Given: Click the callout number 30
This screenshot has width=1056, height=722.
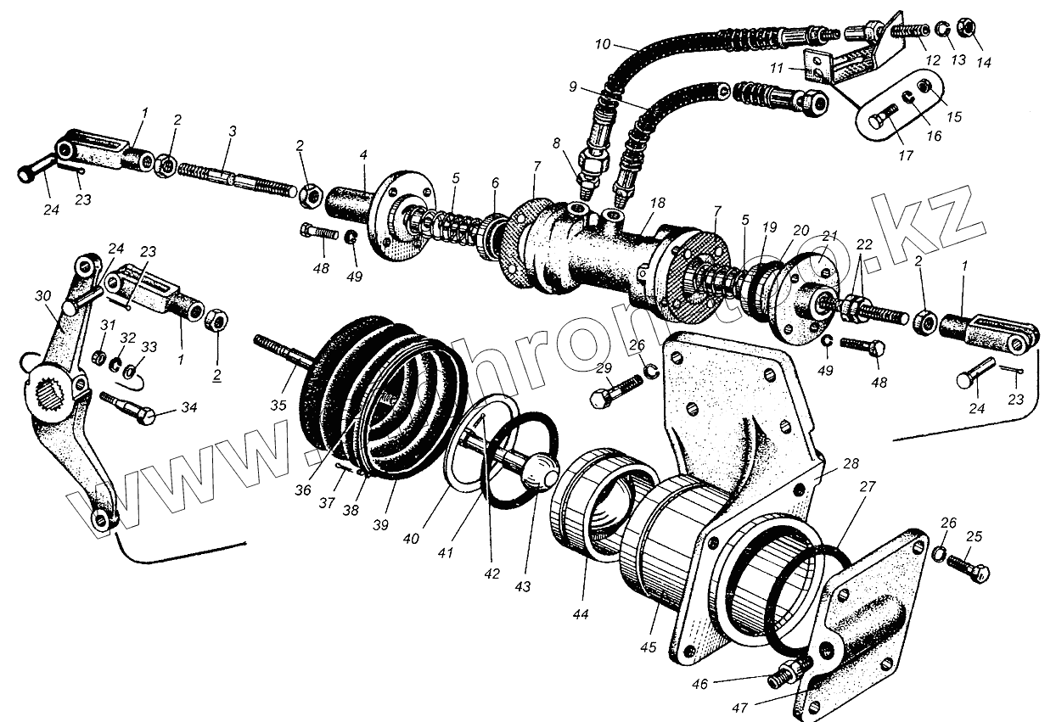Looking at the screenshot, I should [x=43, y=295].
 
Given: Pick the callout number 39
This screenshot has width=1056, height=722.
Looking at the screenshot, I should [x=380, y=525].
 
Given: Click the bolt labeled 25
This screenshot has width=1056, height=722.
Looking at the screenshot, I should [x=968, y=566].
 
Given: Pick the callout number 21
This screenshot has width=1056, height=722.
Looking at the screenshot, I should [x=829, y=236].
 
